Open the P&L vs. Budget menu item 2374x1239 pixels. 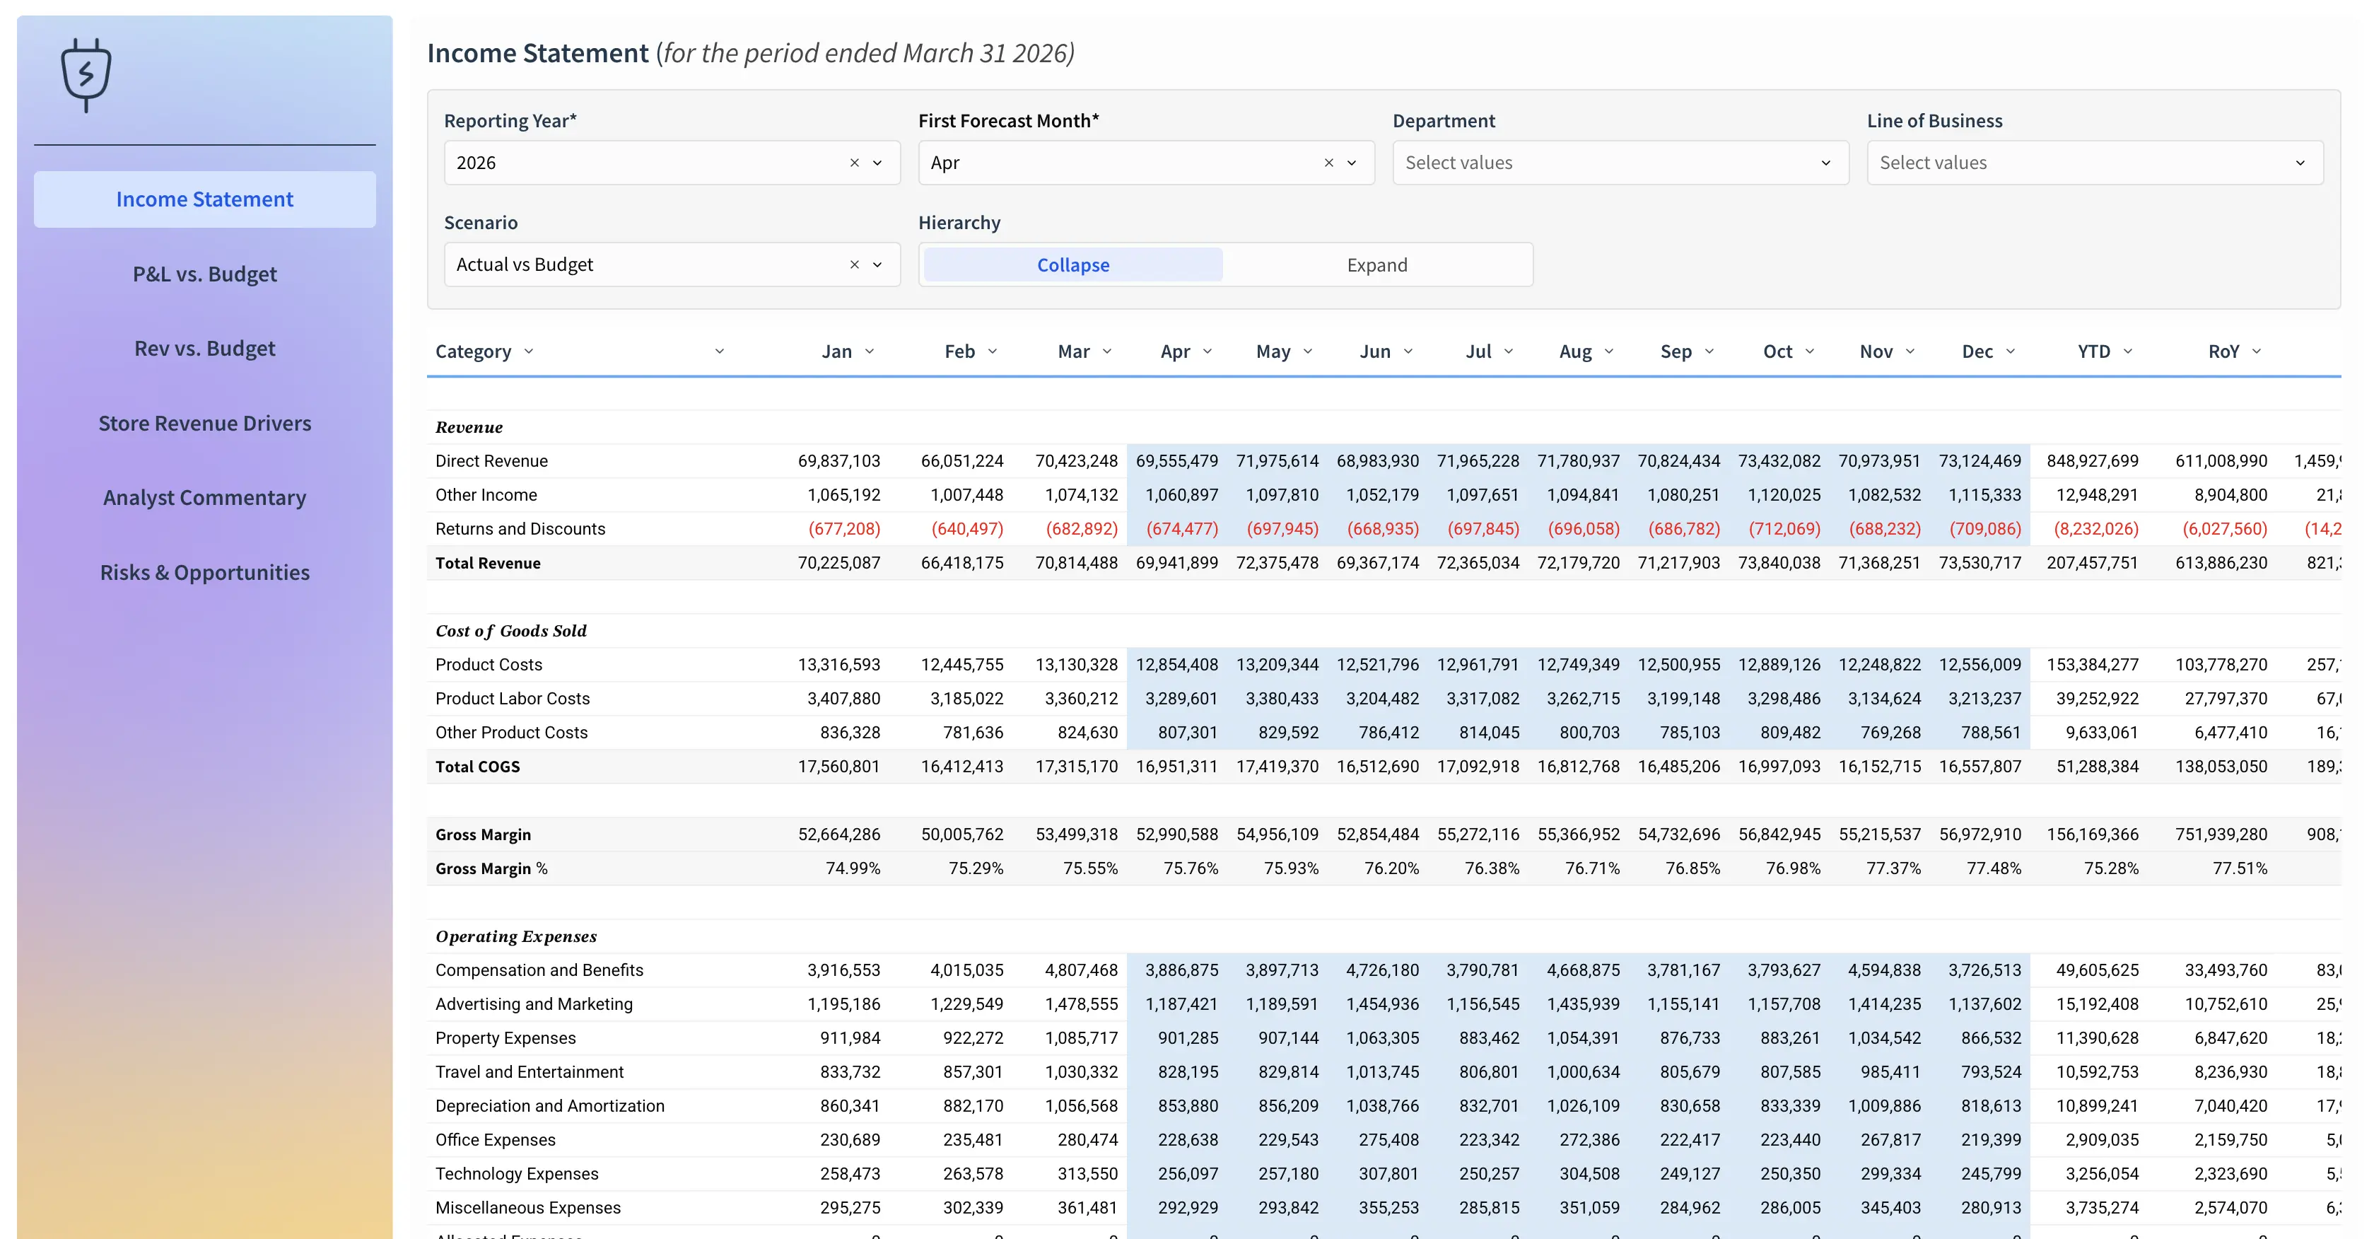click(x=204, y=274)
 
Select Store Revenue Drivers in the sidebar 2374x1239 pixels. click(x=204, y=423)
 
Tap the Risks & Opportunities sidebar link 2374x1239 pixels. click(x=204, y=573)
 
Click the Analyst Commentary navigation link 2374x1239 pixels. click(x=204, y=498)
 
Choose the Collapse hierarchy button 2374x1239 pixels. click(x=1072, y=265)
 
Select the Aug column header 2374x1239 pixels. click(x=1575, y=351)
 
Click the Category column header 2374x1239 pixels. click(x=473, y=351)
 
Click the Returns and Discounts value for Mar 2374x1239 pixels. click(x=1081, y=529)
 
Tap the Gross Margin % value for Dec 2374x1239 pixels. click(x=1994, y=868)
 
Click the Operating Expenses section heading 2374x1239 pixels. click(x=516, y=936)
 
